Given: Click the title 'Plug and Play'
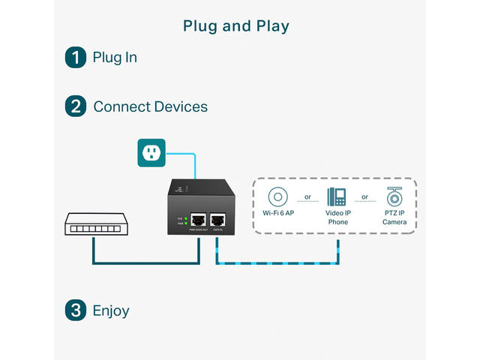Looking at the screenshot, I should click(x=236, y=26).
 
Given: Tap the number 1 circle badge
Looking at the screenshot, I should click(x=76, y=57).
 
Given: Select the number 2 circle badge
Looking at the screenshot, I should click(x=76, y=106).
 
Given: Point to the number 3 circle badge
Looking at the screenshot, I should click(x=76, y=310).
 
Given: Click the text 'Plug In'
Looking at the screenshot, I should click(x=115, y=57).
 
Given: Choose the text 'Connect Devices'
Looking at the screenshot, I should click(x=150, y=106).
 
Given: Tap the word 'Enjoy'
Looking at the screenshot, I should click(x=111, y=310).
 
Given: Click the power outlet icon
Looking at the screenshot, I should click(x=152, y=152).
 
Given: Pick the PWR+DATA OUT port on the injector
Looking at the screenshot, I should click(x=199, y=220).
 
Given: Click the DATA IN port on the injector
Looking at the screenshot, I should click(x=217, y=220).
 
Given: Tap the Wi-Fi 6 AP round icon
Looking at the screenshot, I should click(x=278, y=198).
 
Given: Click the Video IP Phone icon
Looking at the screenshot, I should click(x=337, y=197).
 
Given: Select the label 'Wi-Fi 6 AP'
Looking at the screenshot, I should click(x=278, y=213).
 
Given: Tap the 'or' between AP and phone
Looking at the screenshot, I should click(x=307, y=198).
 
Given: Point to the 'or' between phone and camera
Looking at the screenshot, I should click(x=365, y=198).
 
